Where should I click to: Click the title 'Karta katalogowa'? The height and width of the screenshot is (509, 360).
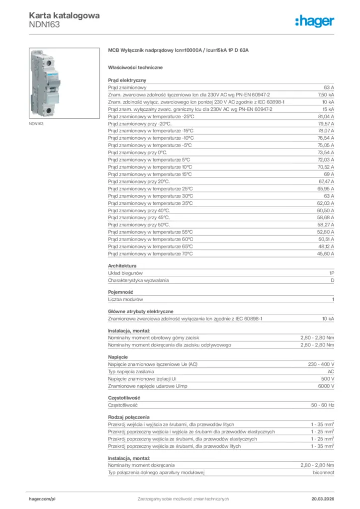tap(64, 15)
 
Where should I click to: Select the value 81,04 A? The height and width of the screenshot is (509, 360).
tap(326, 116)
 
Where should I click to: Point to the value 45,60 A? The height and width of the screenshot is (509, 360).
tap(326, 254)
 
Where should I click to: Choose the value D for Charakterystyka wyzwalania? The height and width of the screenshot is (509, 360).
tap(332, 280)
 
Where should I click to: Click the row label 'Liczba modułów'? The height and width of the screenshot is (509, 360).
tap(126, 299)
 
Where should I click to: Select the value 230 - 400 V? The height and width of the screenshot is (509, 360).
tap(321, 364)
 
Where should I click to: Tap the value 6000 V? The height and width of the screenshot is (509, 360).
tap(326, 386)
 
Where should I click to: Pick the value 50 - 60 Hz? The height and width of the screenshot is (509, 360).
tap(323, 405)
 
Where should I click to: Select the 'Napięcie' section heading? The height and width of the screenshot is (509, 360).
tap(118, 357)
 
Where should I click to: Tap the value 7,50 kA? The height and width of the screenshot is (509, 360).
tap(326, 94)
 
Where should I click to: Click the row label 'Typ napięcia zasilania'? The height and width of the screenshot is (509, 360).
tap(131, 371)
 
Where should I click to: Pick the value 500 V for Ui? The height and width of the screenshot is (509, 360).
tap(327, 379)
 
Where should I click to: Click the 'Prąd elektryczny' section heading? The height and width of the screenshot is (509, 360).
tap(127, 80)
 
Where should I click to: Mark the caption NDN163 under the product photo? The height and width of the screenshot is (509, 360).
tap(36, 123)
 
